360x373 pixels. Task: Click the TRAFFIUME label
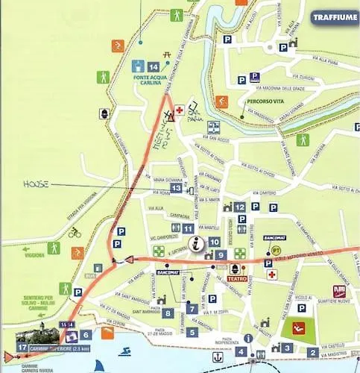coord(334,17)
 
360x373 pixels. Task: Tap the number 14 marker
coord(154,67)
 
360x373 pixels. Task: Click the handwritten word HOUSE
coord(35,184)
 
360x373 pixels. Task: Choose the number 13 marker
coord(176,189)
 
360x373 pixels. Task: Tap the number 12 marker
coord(239,207)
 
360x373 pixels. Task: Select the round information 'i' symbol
coord(197,242)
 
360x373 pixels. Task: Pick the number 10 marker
coord(214,242)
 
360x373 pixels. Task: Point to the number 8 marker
coord(168,313)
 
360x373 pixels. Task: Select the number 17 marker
coord(22,347)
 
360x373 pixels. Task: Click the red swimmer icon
coord(299,328)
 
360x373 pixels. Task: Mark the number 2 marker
coord(313,352)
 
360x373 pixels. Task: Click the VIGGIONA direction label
coord(34,254)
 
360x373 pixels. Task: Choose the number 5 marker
coord(192,332)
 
